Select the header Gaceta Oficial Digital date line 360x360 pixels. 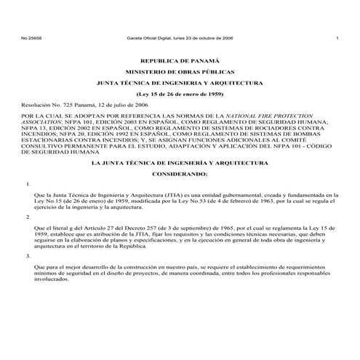pyautogui.click(x=180, y=37)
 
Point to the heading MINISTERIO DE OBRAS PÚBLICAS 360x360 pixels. pyautogui.click(x=180, y=73)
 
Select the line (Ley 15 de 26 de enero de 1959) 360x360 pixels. pyautogui.click(x=180, y=94)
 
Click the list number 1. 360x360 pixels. pyautogui.click(x=28, y=185)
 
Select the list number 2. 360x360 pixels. pyautogui.click(x=28, y=217)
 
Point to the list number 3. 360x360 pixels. pyautogui.click(x=28, y=256)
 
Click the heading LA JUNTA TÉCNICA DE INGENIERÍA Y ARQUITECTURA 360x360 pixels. pyautogui.click(x=180, y=164)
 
